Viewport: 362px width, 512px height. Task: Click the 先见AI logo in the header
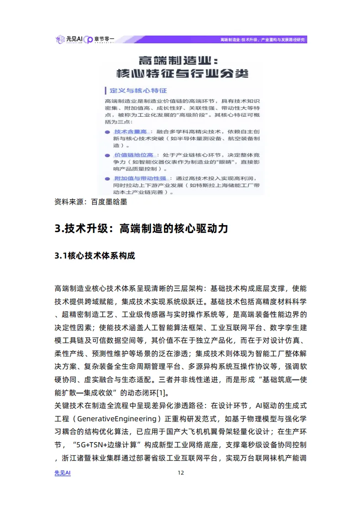pos(68,39)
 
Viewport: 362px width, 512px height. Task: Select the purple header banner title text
pos(262,40)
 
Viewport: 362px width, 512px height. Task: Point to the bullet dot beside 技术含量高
pos(106,131)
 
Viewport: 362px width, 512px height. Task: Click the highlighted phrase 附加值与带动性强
pos(140,178)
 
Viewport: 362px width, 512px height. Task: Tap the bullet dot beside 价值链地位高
pos(106,155)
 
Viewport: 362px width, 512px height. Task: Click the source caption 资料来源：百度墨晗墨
pos(90,201)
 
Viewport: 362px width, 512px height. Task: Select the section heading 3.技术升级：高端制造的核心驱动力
pos(141,228)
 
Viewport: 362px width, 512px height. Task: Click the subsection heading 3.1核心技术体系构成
pos(95,256)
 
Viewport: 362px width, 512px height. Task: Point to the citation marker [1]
pos(162,392)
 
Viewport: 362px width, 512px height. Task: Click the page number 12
pos(181,473)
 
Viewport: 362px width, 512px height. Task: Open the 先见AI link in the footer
pos(63,473)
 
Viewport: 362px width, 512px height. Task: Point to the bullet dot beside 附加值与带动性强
pos(106,178)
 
